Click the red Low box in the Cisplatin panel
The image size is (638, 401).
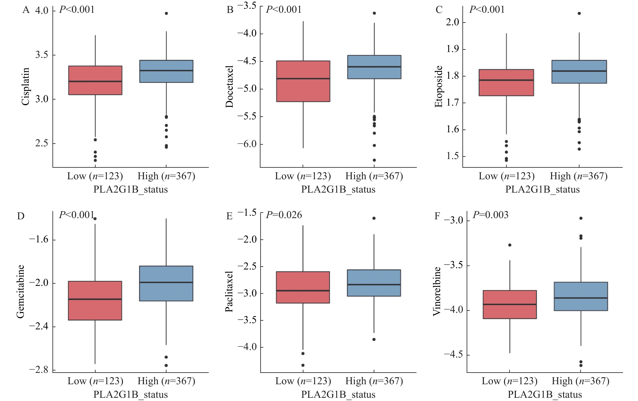tap(95, 80)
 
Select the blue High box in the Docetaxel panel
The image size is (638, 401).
tap(374, 67)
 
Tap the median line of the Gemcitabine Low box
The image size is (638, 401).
tap(95, 299)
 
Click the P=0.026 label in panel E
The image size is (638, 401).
tap(284, 215)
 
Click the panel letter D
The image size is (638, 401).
tap(21, 216)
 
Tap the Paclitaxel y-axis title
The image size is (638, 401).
tap(229, 291)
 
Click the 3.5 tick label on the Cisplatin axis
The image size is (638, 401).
tap(42, 55)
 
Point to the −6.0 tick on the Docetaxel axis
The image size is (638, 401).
tap(247, 144)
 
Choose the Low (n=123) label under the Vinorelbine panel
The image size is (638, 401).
tap(509, 381)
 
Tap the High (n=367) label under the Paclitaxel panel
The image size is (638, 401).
tap(374, 381)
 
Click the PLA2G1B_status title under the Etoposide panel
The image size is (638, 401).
tap(542, 190)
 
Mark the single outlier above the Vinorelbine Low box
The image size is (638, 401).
tap(510, 245)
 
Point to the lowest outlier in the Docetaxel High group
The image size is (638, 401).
tap(374, 160)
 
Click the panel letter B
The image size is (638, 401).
tap(230, 10)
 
